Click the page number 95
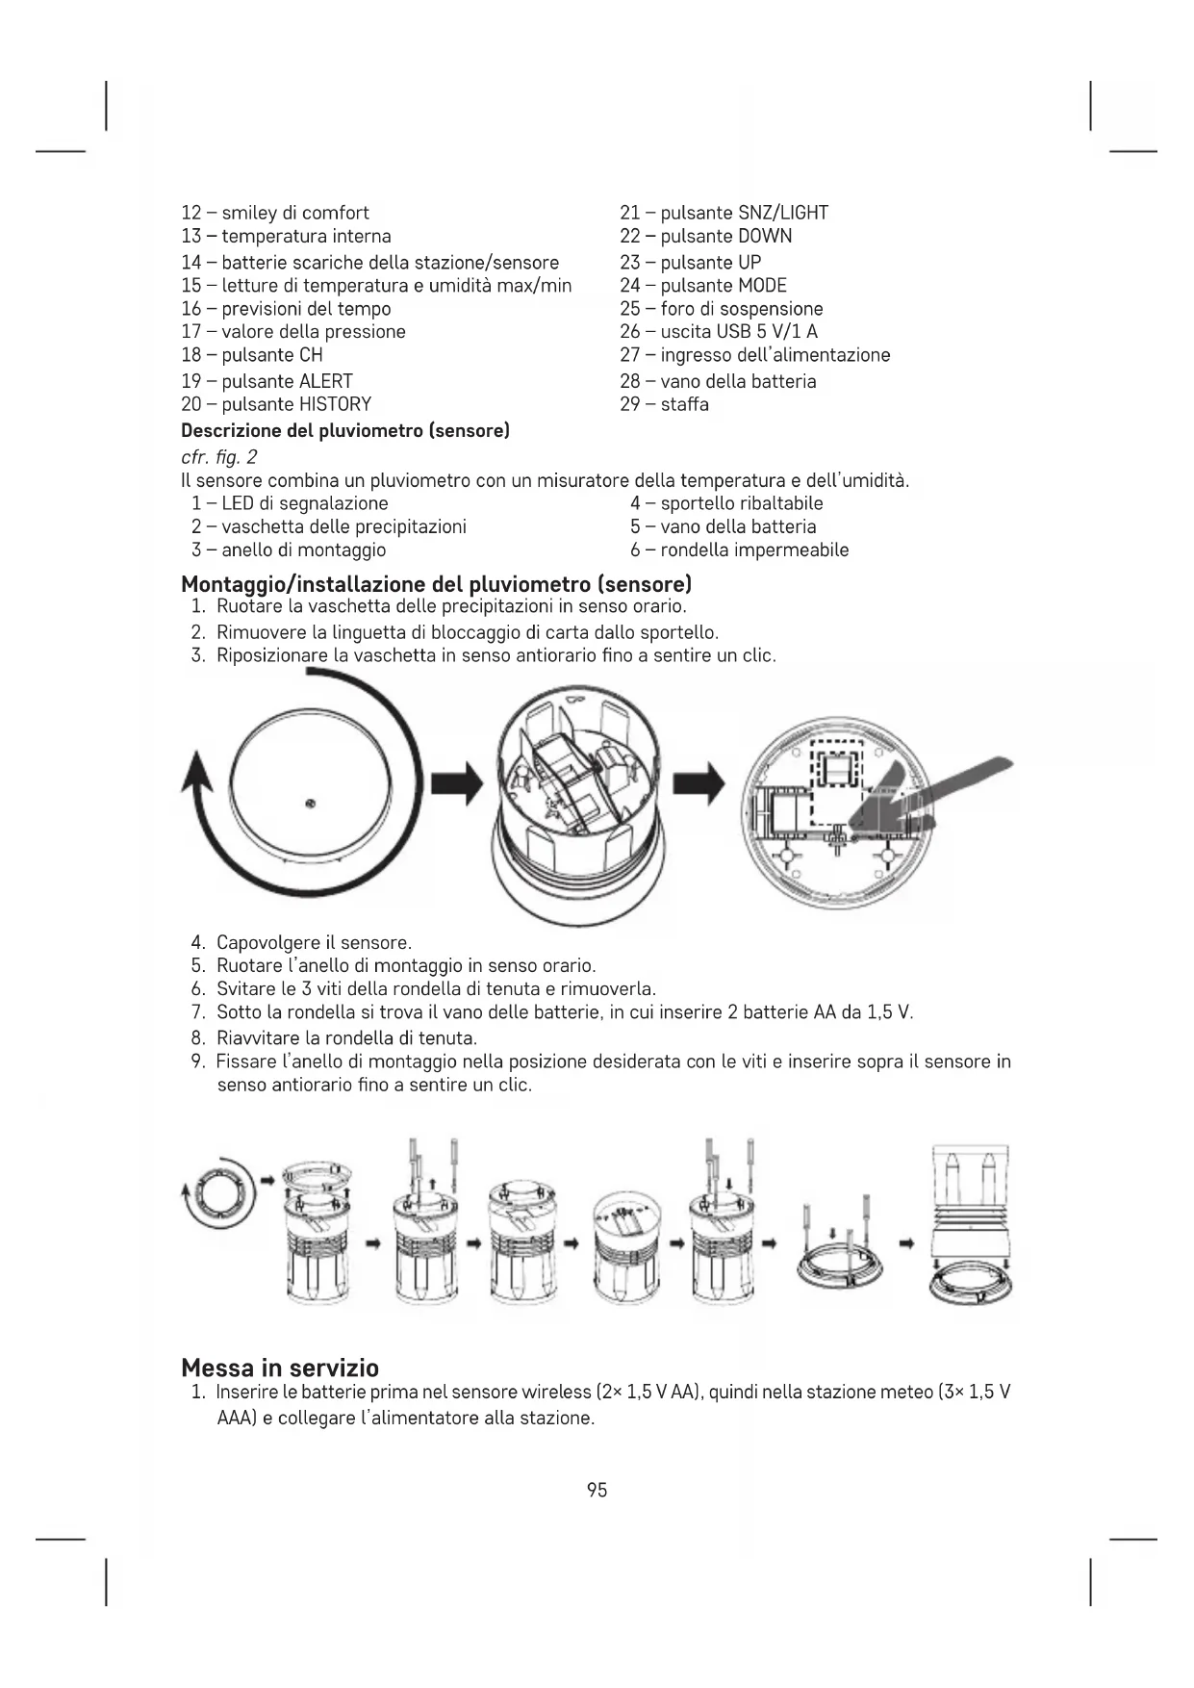(x=597, y=1490)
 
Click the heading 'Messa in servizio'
(x=280, y=1368)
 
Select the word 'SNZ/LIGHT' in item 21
(x=782, y=213)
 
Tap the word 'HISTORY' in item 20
(x=335, y=404)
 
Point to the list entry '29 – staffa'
(x=664, y=404)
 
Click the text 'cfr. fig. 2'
(x=219, y=456)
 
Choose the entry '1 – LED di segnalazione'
(x=290, y=503)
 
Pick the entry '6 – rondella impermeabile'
(x=739, y=550)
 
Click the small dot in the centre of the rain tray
(x=309, y=804)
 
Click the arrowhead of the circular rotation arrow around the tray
(x=198, y=770)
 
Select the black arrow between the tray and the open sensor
(x=456, y=784)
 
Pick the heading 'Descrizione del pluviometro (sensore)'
(x=345, y=430)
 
